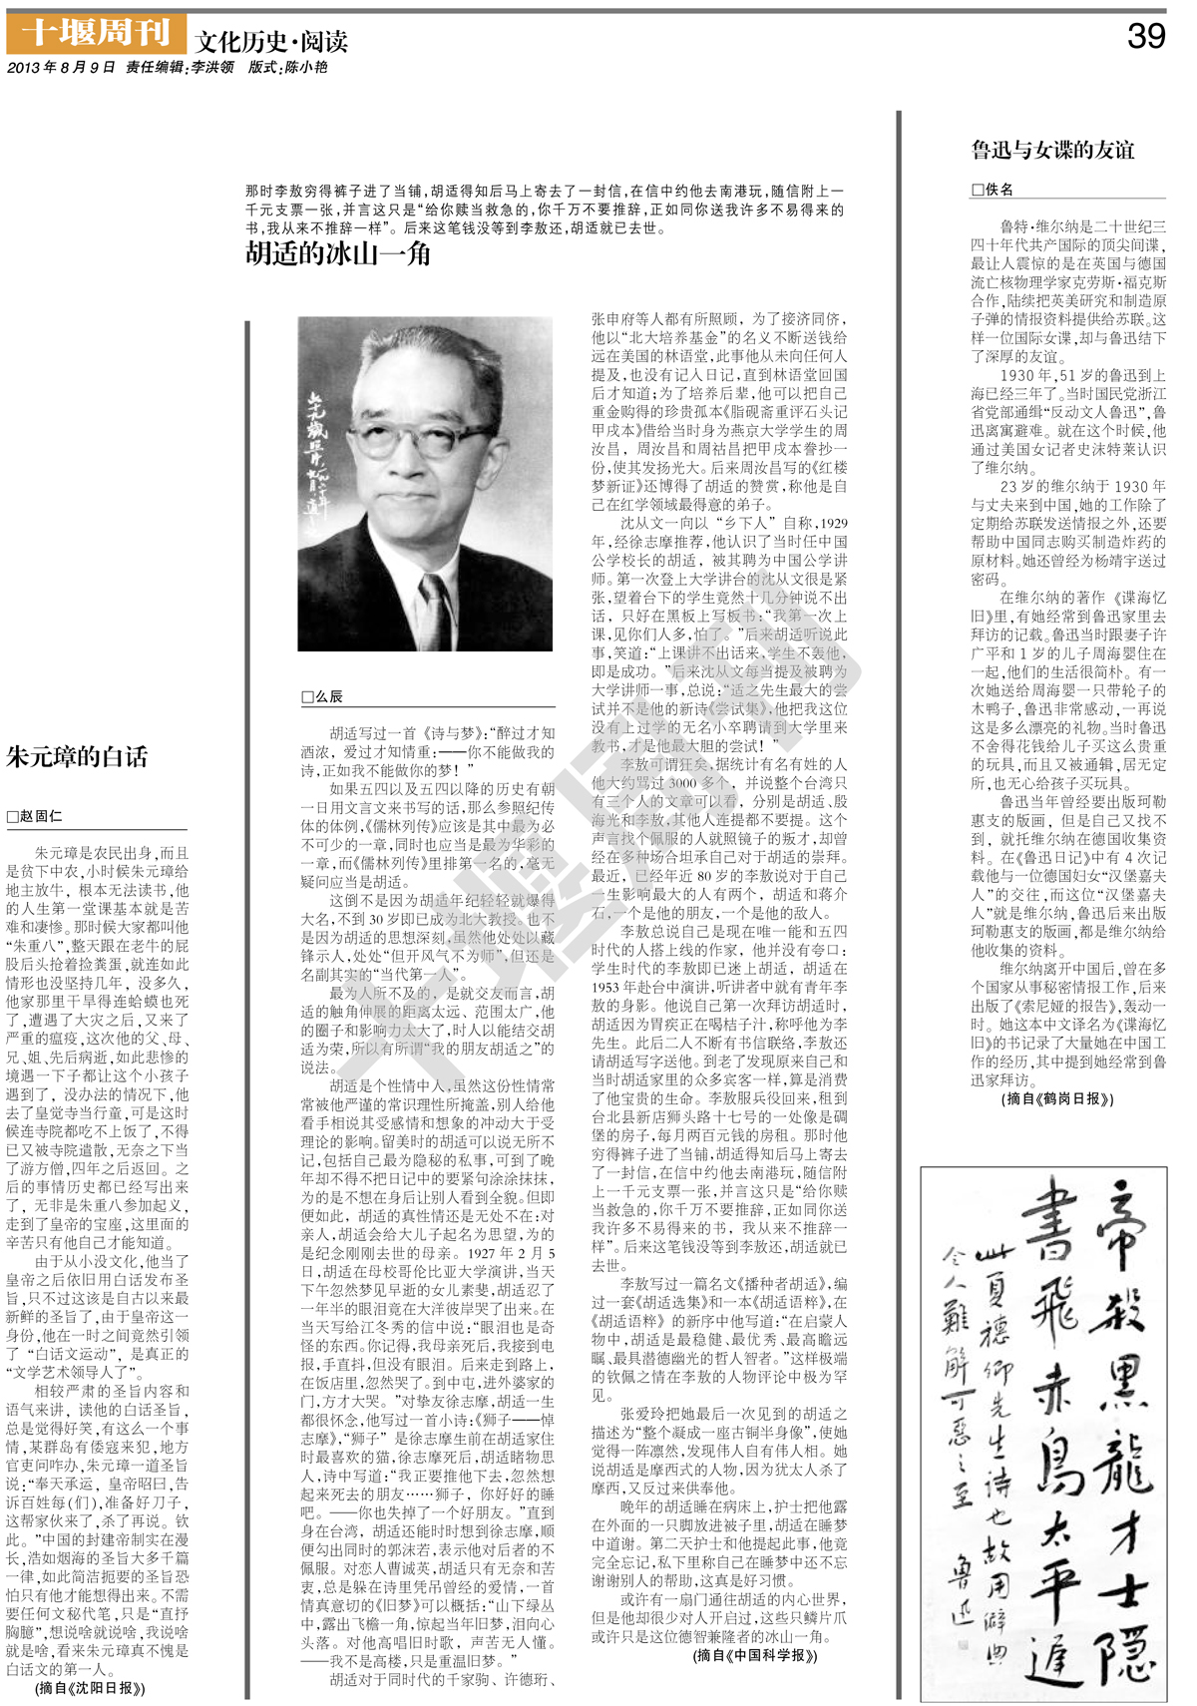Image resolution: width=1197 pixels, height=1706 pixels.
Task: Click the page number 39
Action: click(1145, 36)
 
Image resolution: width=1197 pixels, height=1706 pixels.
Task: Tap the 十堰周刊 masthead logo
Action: click(96, 34)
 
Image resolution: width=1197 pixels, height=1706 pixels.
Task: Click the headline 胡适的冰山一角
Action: click(338, 254)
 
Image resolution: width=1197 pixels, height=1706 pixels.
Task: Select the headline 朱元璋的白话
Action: click(77, 756)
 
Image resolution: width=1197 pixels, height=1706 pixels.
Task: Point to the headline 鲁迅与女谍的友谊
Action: click(1052, 150)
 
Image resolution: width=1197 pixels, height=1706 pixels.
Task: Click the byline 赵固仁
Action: click(35, 816)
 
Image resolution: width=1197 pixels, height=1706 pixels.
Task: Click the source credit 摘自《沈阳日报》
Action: click(90, 1688)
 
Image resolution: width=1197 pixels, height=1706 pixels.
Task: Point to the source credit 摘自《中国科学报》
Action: click(755, 1655)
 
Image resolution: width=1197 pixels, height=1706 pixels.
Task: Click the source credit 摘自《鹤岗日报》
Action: click(1057, 1098)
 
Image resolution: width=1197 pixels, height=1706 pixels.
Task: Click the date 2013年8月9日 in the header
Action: click(61, 68)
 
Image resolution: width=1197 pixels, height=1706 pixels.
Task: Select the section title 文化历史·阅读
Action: click(271, 42)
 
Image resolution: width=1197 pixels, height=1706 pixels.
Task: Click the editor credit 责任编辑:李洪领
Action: click(180, 68)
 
